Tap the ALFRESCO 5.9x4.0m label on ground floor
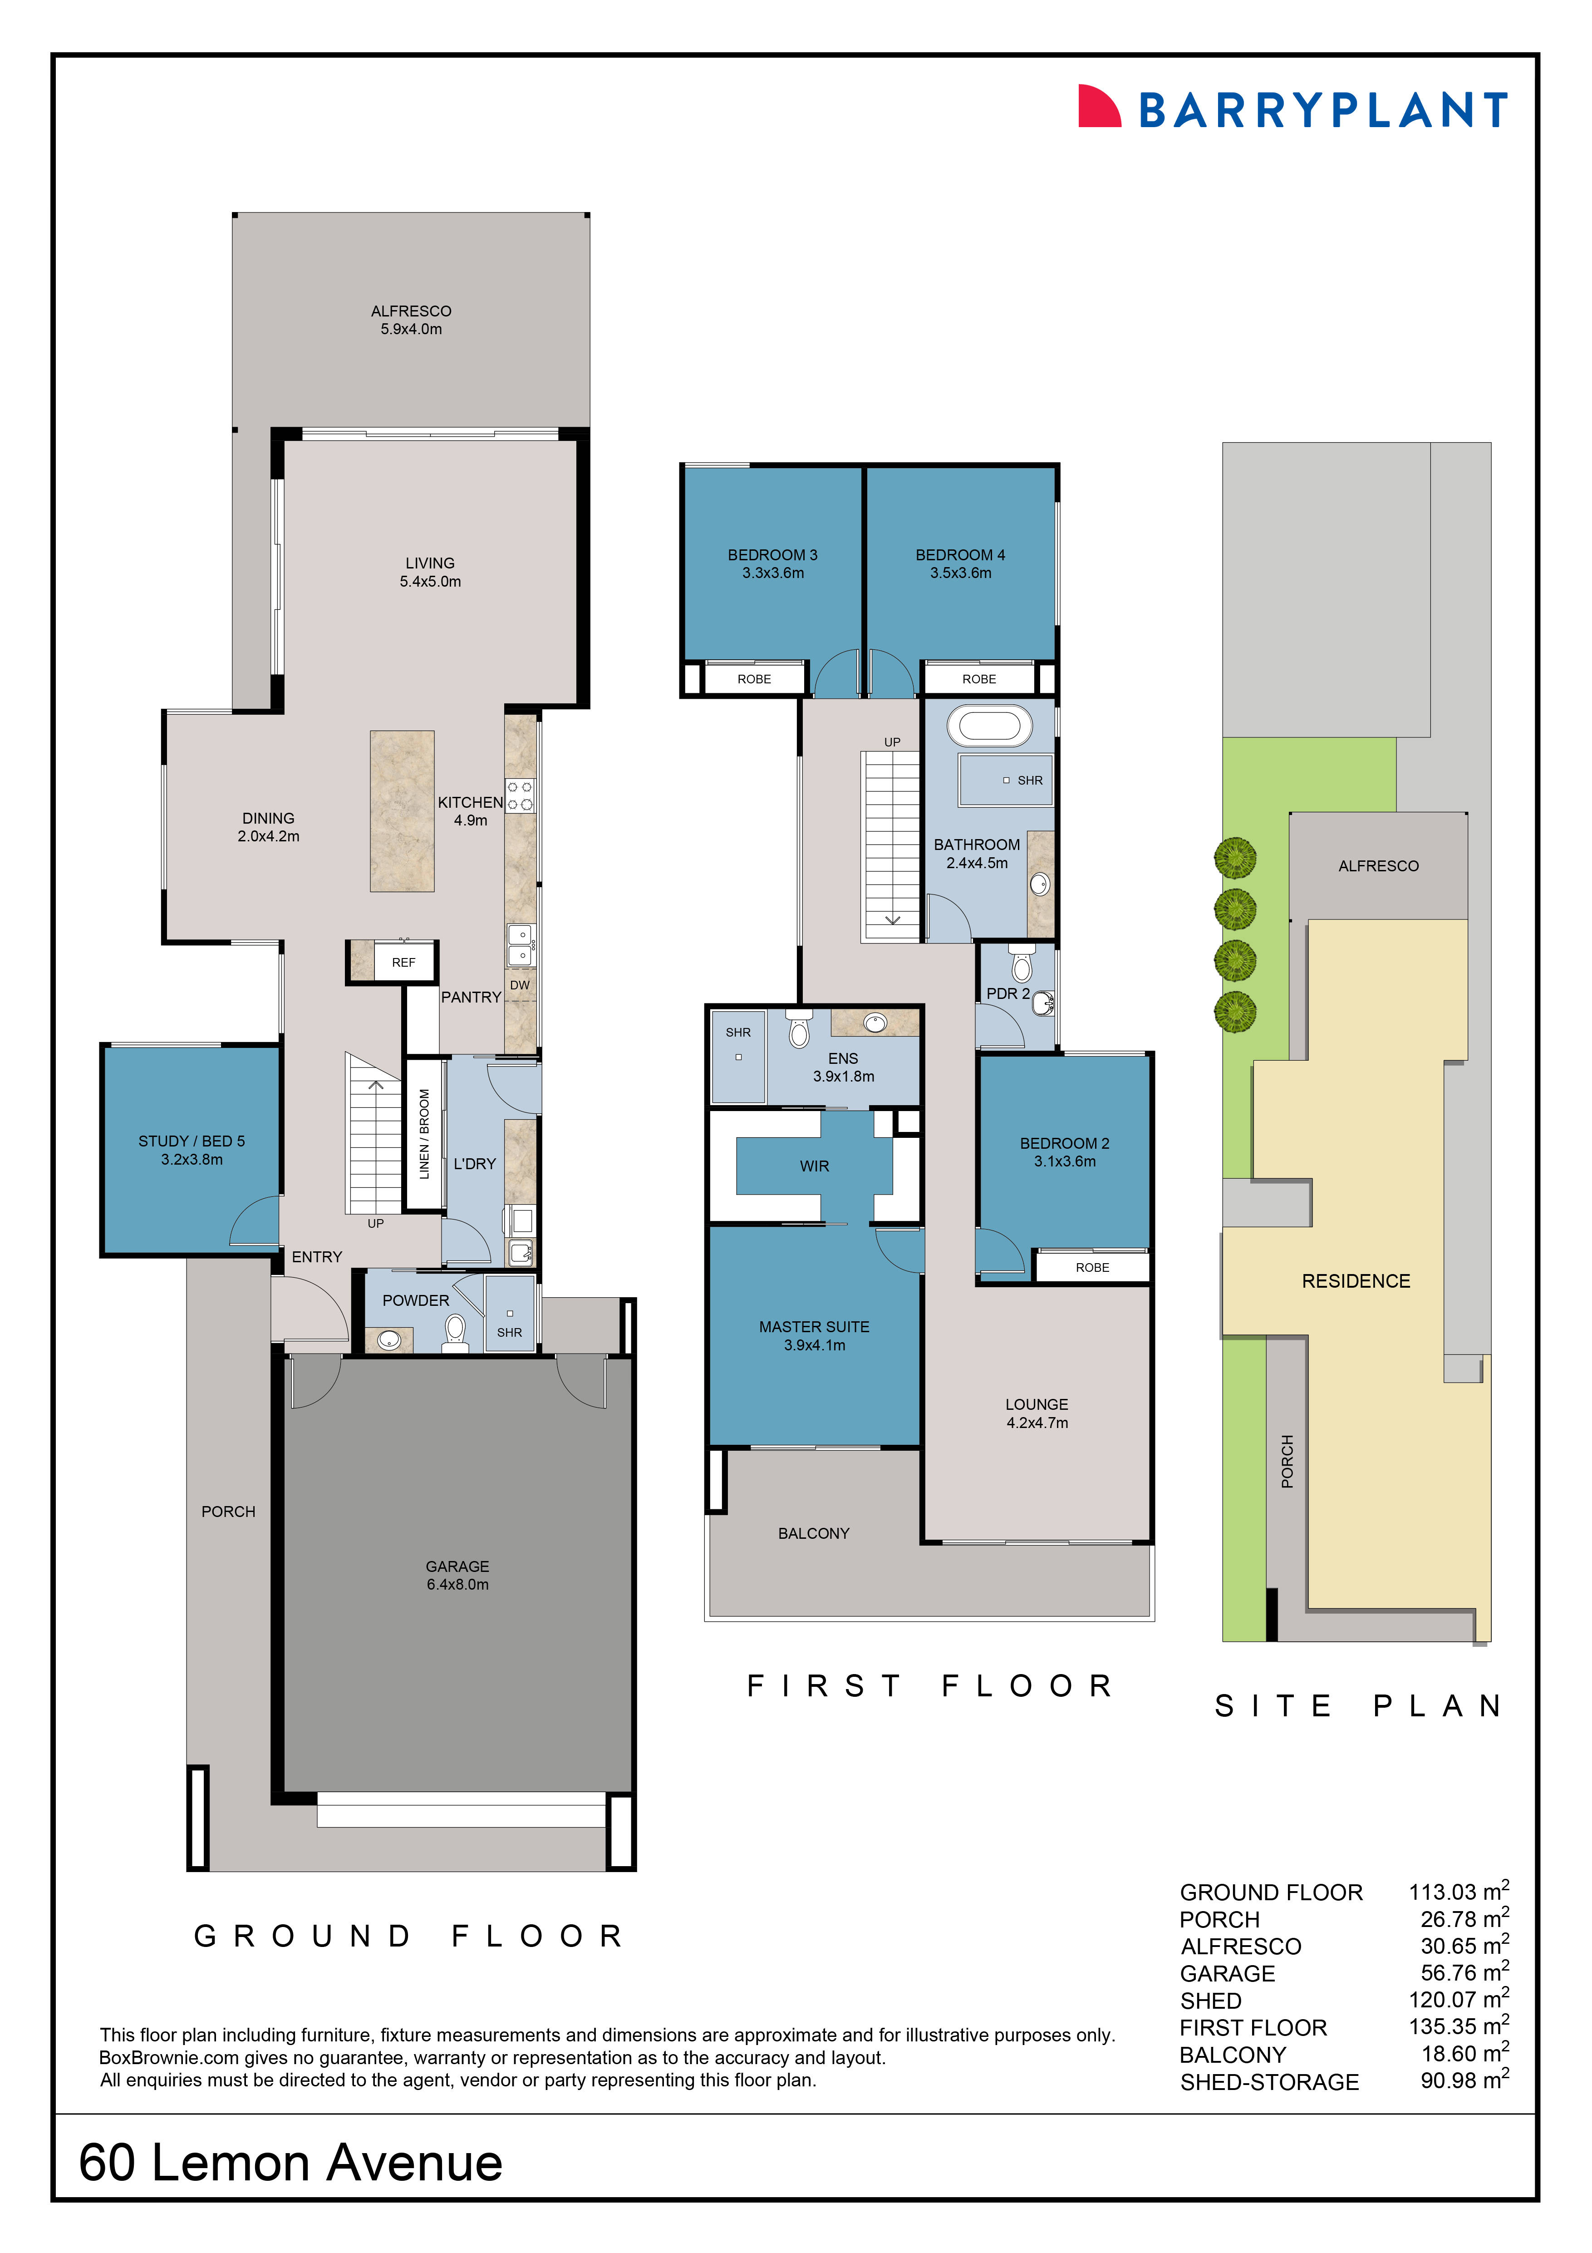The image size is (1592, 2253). (x=411, y=320)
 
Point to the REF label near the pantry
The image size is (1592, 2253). (x=403, y=963)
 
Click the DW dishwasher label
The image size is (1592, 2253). (x=520, y=985)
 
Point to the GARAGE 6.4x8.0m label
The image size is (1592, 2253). (x=457, y=1575)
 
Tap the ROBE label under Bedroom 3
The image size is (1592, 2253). (x=754, y=679)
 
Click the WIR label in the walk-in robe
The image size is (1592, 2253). (x=814, y=1166)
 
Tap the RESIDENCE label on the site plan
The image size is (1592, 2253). (x=1356, y=1280)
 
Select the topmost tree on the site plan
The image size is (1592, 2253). (x=1235, y=858)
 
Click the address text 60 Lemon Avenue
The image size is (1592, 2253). (x=290, y=2163)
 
